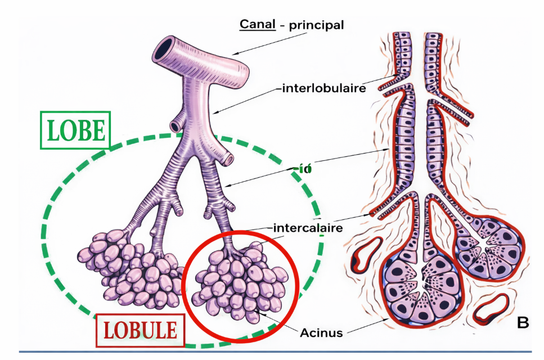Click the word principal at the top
(x=316, y=25)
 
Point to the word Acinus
(x=322, y=332)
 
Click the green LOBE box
(x=75, y=130)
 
